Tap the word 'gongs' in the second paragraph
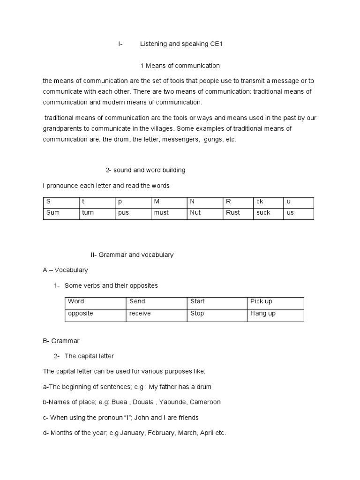pos(213,139)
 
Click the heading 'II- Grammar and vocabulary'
pos(132,255)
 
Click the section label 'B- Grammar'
pos(61,340)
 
